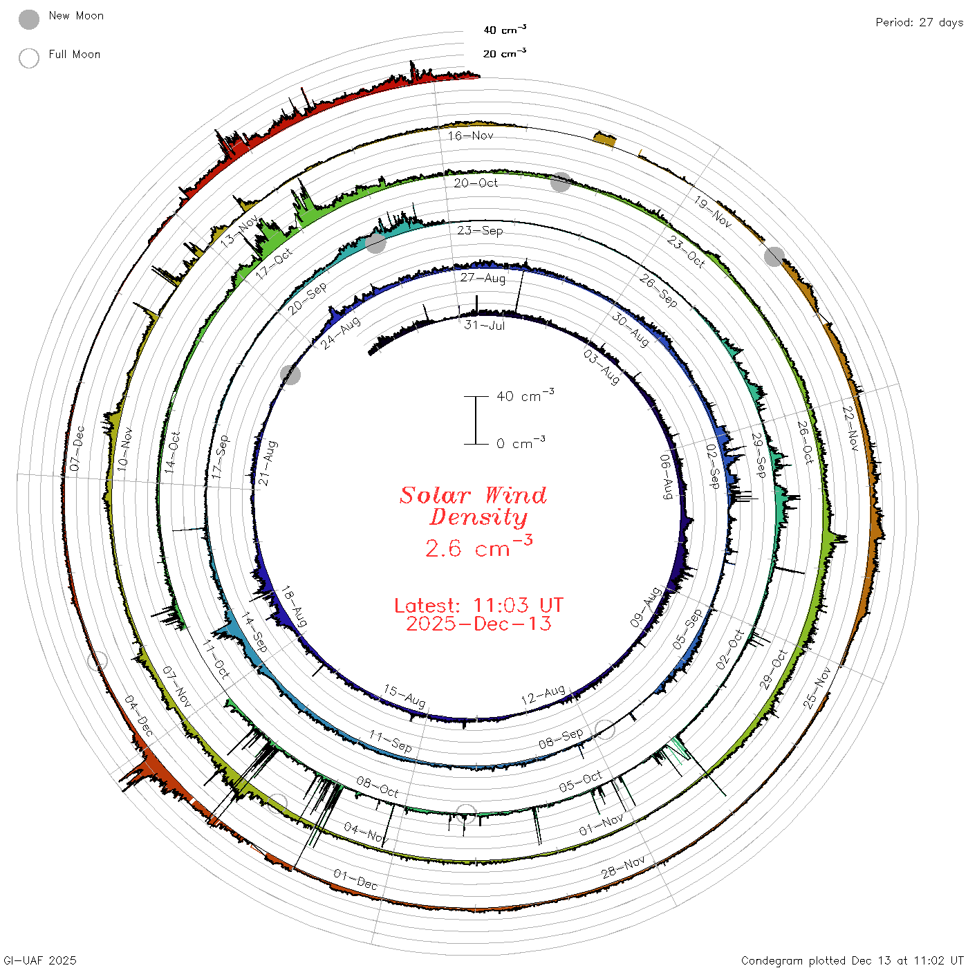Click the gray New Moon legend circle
click(x=29, y=19)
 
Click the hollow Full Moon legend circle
click(x=29, y=58)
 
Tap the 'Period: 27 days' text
click(x=919, y=23)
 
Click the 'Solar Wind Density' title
click(x=473, y=506)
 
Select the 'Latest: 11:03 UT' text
click(x=478, y=605)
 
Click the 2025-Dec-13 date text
click(x=478, y=624)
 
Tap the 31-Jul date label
click(x=484, y=325)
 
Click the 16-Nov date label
click(x=470, y=136)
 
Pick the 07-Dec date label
click(x=77, y=448)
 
